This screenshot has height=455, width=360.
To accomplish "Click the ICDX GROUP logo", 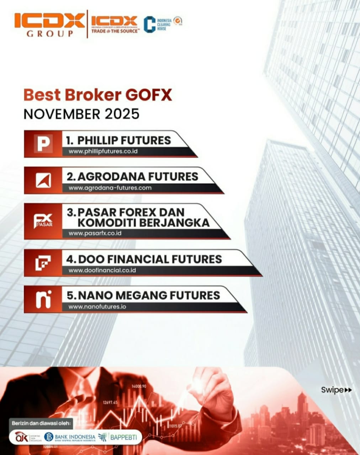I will click(49, 25).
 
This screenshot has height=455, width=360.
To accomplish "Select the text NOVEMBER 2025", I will click(81, 114).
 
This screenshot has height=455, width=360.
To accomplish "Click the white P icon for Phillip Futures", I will click(43, 144).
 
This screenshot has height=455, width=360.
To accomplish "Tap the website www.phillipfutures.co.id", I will click(103, 151).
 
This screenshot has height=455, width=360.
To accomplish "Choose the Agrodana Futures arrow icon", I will click(43, 180).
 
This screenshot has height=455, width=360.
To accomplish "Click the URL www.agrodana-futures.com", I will click(110, 188).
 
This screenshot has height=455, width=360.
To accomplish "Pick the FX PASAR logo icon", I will click(43, 221).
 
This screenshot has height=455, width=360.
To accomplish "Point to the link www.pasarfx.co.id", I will click(95, 234).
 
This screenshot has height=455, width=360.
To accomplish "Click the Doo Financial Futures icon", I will click(43, 263).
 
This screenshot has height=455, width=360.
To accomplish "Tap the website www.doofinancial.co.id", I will click(102, 270).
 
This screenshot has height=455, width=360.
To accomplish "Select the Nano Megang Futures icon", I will click(43, 299).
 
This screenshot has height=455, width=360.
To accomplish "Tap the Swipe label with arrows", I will click(336, 390).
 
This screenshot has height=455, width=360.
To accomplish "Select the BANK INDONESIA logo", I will click(70, 437).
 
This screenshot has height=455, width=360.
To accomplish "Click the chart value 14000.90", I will click(139, 386).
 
